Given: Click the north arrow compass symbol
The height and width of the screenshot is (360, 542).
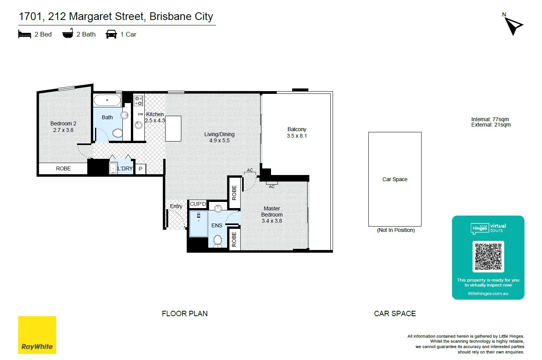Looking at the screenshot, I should pos(513,26).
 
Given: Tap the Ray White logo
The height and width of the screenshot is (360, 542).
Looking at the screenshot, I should pos(37,335).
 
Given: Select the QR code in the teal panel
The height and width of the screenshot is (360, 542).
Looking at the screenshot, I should pos(488,257).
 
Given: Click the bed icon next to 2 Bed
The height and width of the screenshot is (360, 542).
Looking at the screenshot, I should pos(24,34).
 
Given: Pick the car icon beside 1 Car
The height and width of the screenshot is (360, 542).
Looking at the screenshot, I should pos(111,34).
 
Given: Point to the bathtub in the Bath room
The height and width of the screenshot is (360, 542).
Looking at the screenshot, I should pos(107,100).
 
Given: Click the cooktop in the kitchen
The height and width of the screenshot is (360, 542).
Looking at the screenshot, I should pos(139,101).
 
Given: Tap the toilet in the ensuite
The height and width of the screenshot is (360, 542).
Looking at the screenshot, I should pos(217,241).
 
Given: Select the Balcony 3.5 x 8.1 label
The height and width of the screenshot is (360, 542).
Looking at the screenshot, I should pos(297,133).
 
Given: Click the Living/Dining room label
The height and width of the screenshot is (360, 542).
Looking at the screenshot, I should pos(219,137).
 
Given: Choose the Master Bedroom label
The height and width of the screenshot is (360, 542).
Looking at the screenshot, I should pos(272,215).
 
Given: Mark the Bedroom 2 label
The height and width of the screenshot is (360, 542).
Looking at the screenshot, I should pos(63,127).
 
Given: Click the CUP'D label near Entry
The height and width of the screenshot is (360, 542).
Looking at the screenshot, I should pos(198,204).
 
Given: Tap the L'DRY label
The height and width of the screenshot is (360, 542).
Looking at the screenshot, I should pos(125,168).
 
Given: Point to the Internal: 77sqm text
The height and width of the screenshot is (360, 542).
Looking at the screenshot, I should pos(490,119).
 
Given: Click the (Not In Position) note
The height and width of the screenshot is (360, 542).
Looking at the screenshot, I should pos(396,230).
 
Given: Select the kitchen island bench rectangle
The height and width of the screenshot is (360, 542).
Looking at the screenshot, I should pos(173,128).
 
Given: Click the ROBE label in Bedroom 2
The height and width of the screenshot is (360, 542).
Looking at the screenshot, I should pos(63,168).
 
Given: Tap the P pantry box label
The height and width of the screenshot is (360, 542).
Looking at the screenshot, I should pos(141,169).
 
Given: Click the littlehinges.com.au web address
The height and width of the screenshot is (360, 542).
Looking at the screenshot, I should pos(488,293).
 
